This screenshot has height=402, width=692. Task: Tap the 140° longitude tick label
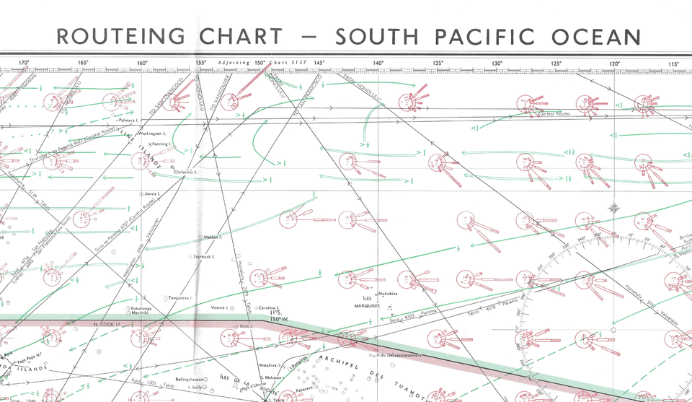(x=378, y=64)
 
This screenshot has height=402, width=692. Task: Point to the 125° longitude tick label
(x=555, y=64)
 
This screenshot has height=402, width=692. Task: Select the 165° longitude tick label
(x=83, y=64)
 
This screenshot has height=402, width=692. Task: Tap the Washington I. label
(x=152, y=134)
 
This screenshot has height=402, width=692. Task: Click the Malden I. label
(x=212, y=237)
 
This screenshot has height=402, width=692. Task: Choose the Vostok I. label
(x=219, y=308)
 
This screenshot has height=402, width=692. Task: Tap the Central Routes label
(x=554, y=114)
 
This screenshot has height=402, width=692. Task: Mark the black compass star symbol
(x=614, y=208)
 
